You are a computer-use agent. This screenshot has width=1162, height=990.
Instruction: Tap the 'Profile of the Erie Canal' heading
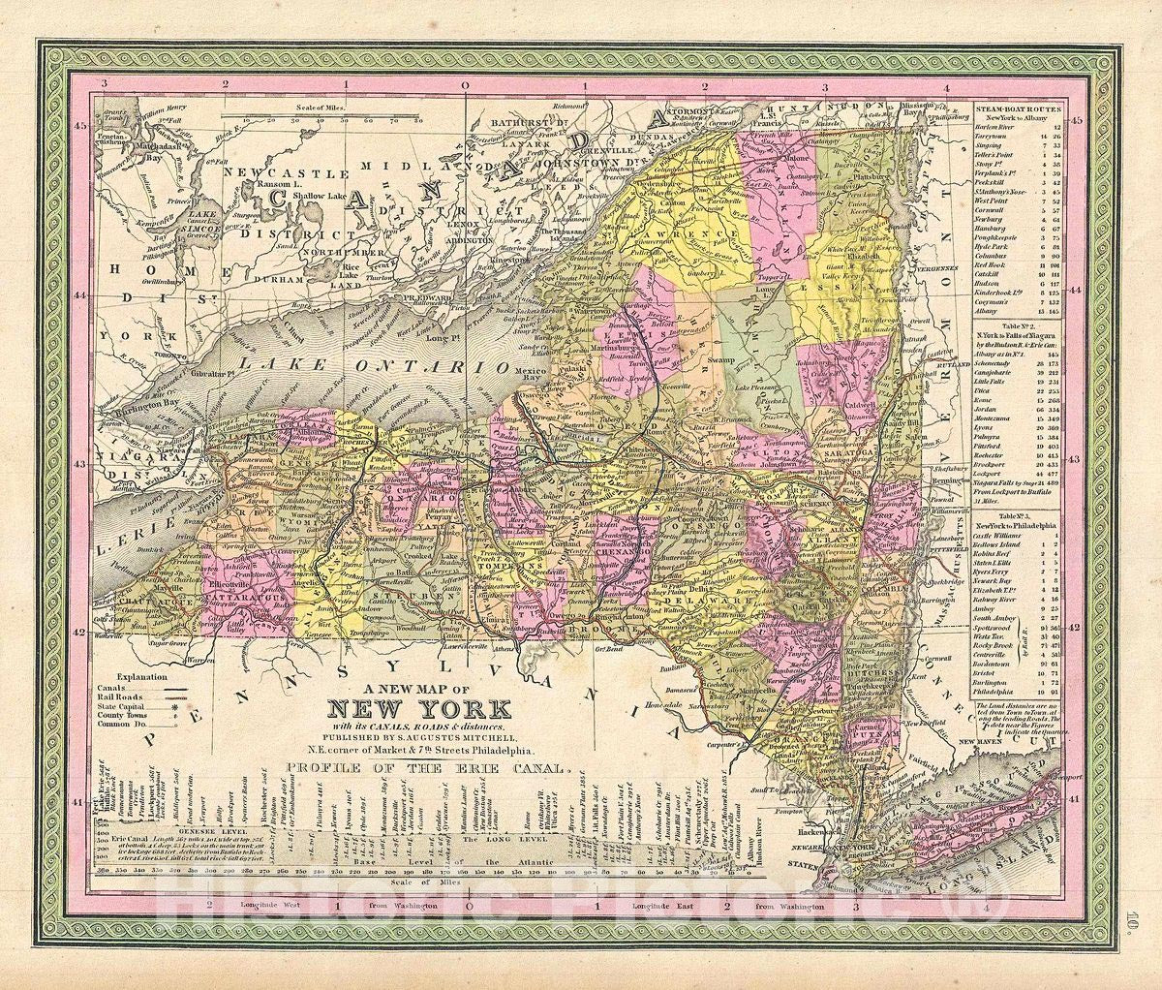pyautogui.click(x=424, y=769)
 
